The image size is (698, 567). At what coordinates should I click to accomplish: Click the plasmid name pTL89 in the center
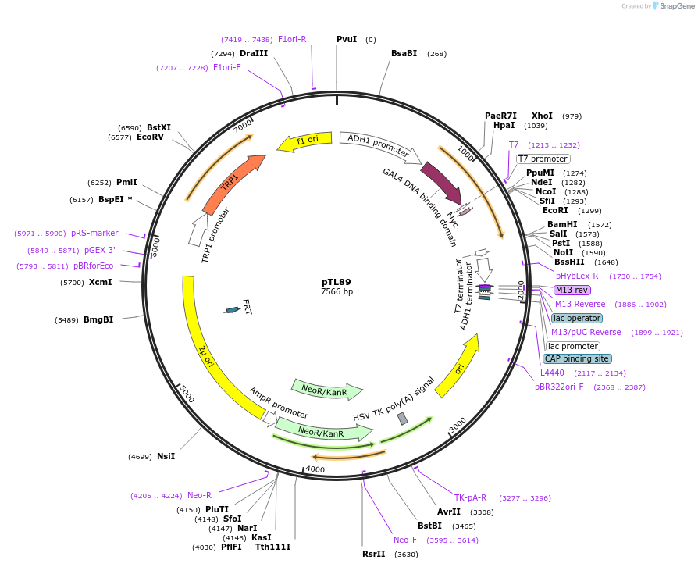[x=337, y=282]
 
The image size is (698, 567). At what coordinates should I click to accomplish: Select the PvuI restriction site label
[x=347, y=39]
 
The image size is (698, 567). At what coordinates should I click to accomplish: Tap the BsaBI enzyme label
[x=404, y=53]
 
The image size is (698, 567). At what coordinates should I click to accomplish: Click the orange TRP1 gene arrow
[x=231, y=184]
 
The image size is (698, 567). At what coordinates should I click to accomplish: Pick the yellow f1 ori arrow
[x=301, y=141]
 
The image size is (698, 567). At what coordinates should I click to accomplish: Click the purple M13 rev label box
[x=572, y=290]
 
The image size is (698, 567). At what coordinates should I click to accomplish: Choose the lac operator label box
[x=576, y=318]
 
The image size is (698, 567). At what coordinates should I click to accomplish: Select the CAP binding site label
[x=576, y=359]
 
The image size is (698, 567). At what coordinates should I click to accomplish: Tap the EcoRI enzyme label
[x=556, y=210]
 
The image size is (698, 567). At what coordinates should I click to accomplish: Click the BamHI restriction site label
[x=562, y=224]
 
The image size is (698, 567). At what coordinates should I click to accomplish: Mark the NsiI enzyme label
[x=166, y=456]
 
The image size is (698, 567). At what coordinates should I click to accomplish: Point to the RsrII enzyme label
[x=374, y=554]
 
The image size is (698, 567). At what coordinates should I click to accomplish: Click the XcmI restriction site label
[x=100, y=282]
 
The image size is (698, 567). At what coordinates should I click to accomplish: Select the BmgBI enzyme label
[x=98, y=319]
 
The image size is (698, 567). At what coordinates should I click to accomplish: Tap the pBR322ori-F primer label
[x=559, y=387]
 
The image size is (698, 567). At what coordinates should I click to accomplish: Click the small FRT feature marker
[x=232, y=310]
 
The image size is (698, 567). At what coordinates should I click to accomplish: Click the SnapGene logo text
[x=675, y=6]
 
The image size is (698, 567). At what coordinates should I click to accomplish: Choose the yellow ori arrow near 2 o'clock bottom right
[x=456, y=371]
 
